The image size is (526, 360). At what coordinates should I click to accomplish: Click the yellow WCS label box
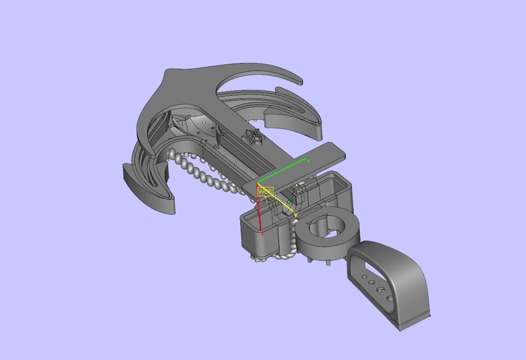point(265,191)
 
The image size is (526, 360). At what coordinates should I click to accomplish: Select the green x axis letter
point(308,161)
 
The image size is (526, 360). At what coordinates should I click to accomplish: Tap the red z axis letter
point(262,233)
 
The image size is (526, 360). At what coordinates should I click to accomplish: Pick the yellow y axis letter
point(296,215)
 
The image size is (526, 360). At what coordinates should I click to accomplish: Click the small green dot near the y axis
point(289,202)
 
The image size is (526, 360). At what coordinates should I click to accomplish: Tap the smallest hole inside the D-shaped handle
point(364,277)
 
